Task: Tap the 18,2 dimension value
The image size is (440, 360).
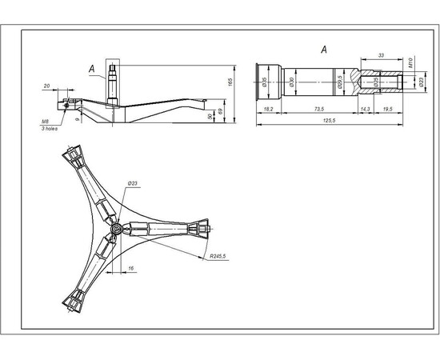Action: [x=267, y=107]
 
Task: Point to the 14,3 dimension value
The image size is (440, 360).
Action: [x=365, y=107]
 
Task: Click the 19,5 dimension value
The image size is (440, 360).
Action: [x=387, y=107]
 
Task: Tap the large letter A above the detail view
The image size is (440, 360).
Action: [x=325, y=50]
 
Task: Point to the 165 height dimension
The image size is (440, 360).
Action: [x=229, y=83]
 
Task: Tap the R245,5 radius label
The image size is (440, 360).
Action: [x=218, y=256]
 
